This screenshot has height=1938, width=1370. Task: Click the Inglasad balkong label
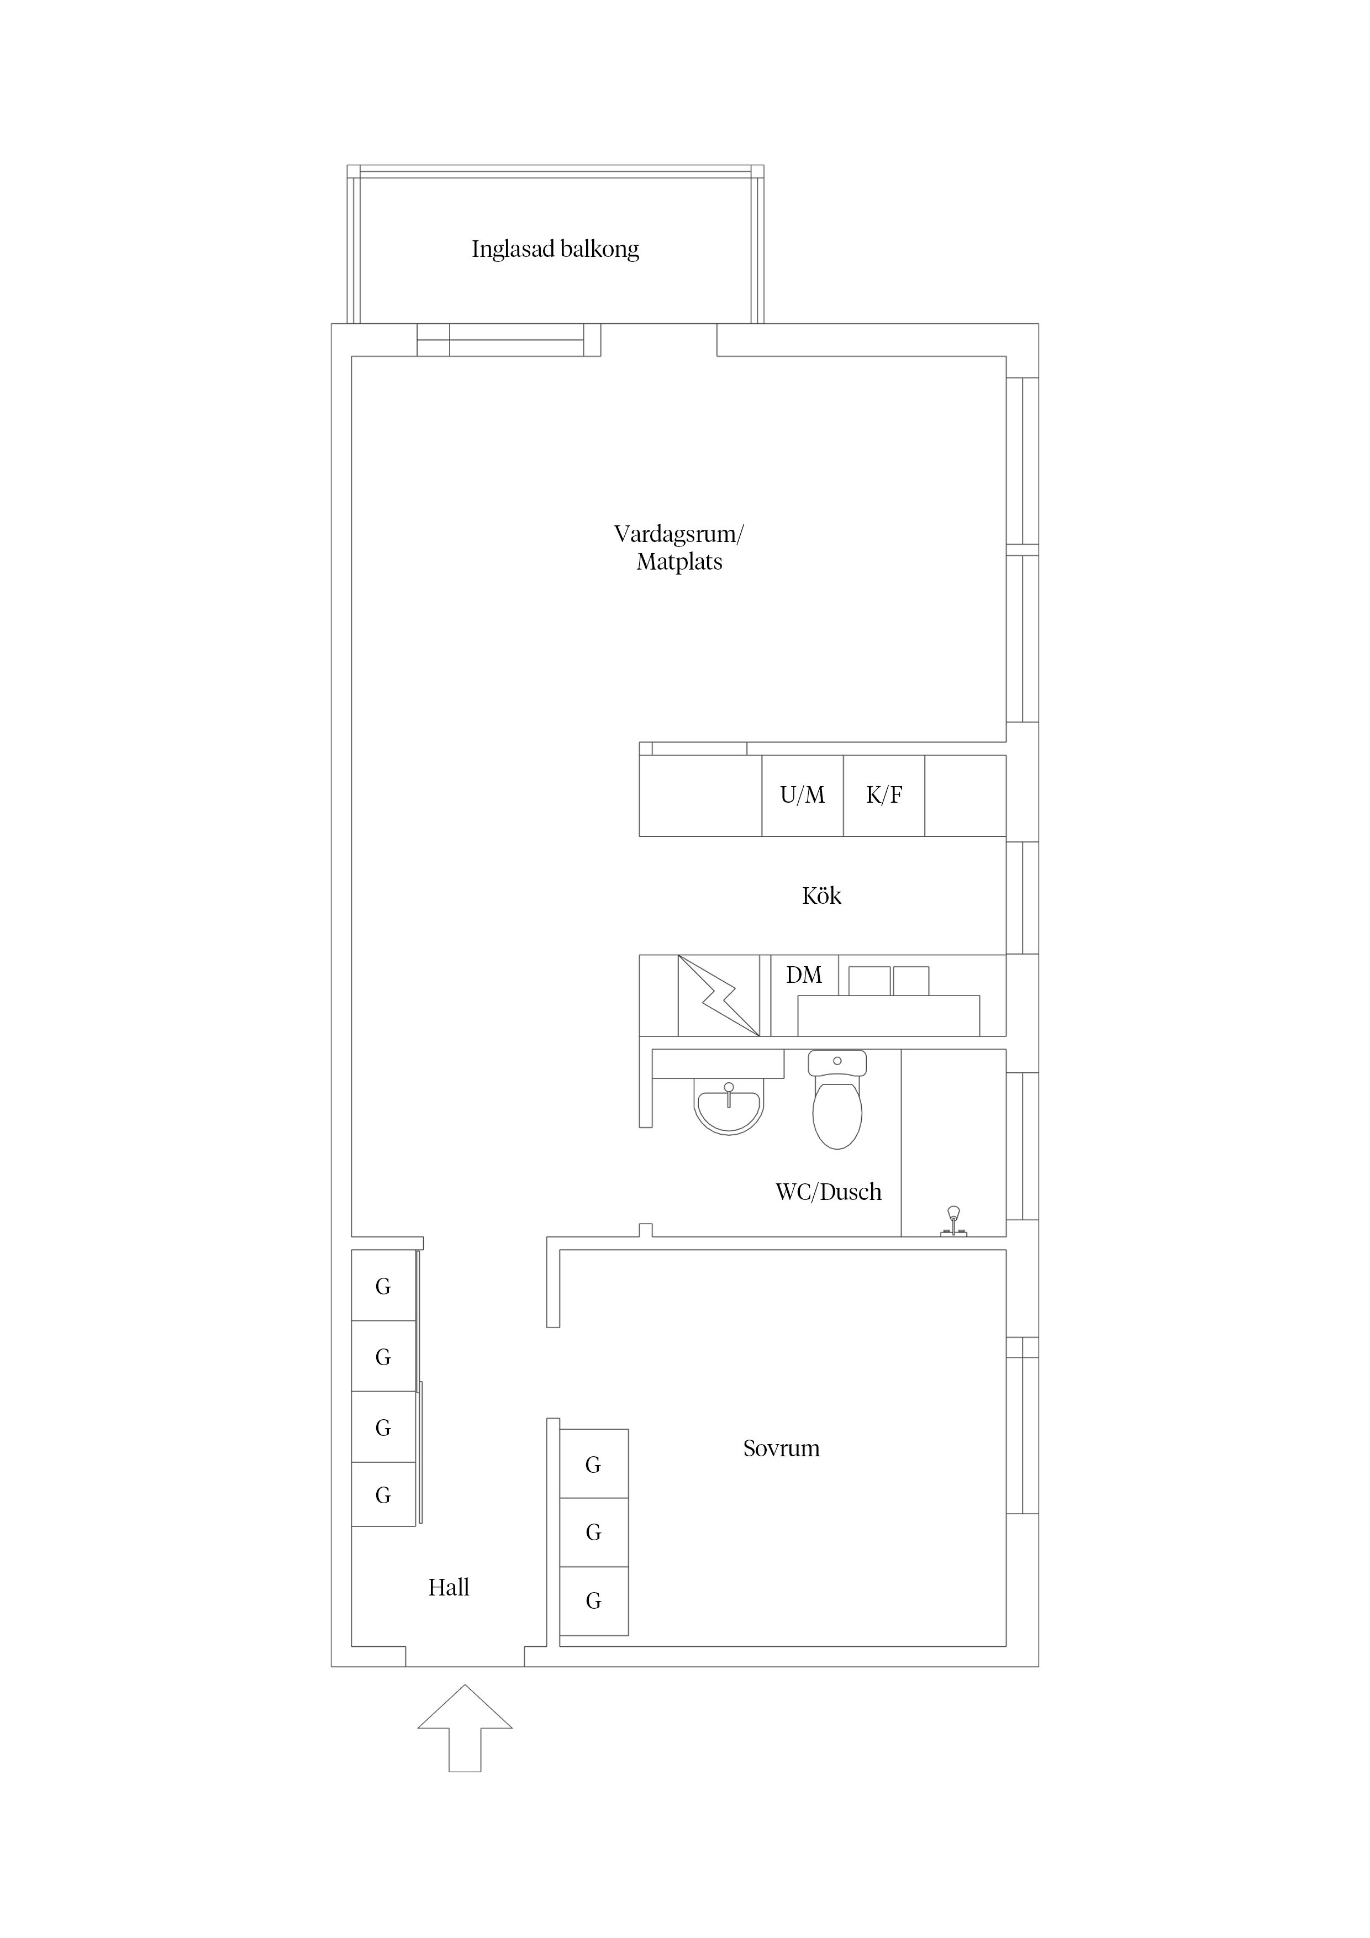point(555,249)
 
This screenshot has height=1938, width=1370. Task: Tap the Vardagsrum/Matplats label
point(679,548)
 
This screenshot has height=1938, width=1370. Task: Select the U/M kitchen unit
point(802,795)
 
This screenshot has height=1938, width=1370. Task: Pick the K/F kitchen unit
point(884,795)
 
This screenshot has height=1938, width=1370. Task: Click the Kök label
point(821,896)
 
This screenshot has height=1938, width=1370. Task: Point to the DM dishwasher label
point(804,975)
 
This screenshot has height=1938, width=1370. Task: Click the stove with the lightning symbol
point(718,995)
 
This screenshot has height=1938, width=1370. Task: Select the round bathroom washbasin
point(729,1107)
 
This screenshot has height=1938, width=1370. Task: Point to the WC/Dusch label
point(828,1192)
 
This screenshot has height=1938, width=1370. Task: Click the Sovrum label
point(781,1449)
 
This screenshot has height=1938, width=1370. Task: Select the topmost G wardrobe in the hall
point(383,1286)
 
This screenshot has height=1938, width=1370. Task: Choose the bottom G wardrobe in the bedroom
point(593,1600)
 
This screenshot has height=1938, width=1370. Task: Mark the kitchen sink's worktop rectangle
point(889,1015)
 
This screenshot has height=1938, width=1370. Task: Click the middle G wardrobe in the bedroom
point(593,1532)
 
